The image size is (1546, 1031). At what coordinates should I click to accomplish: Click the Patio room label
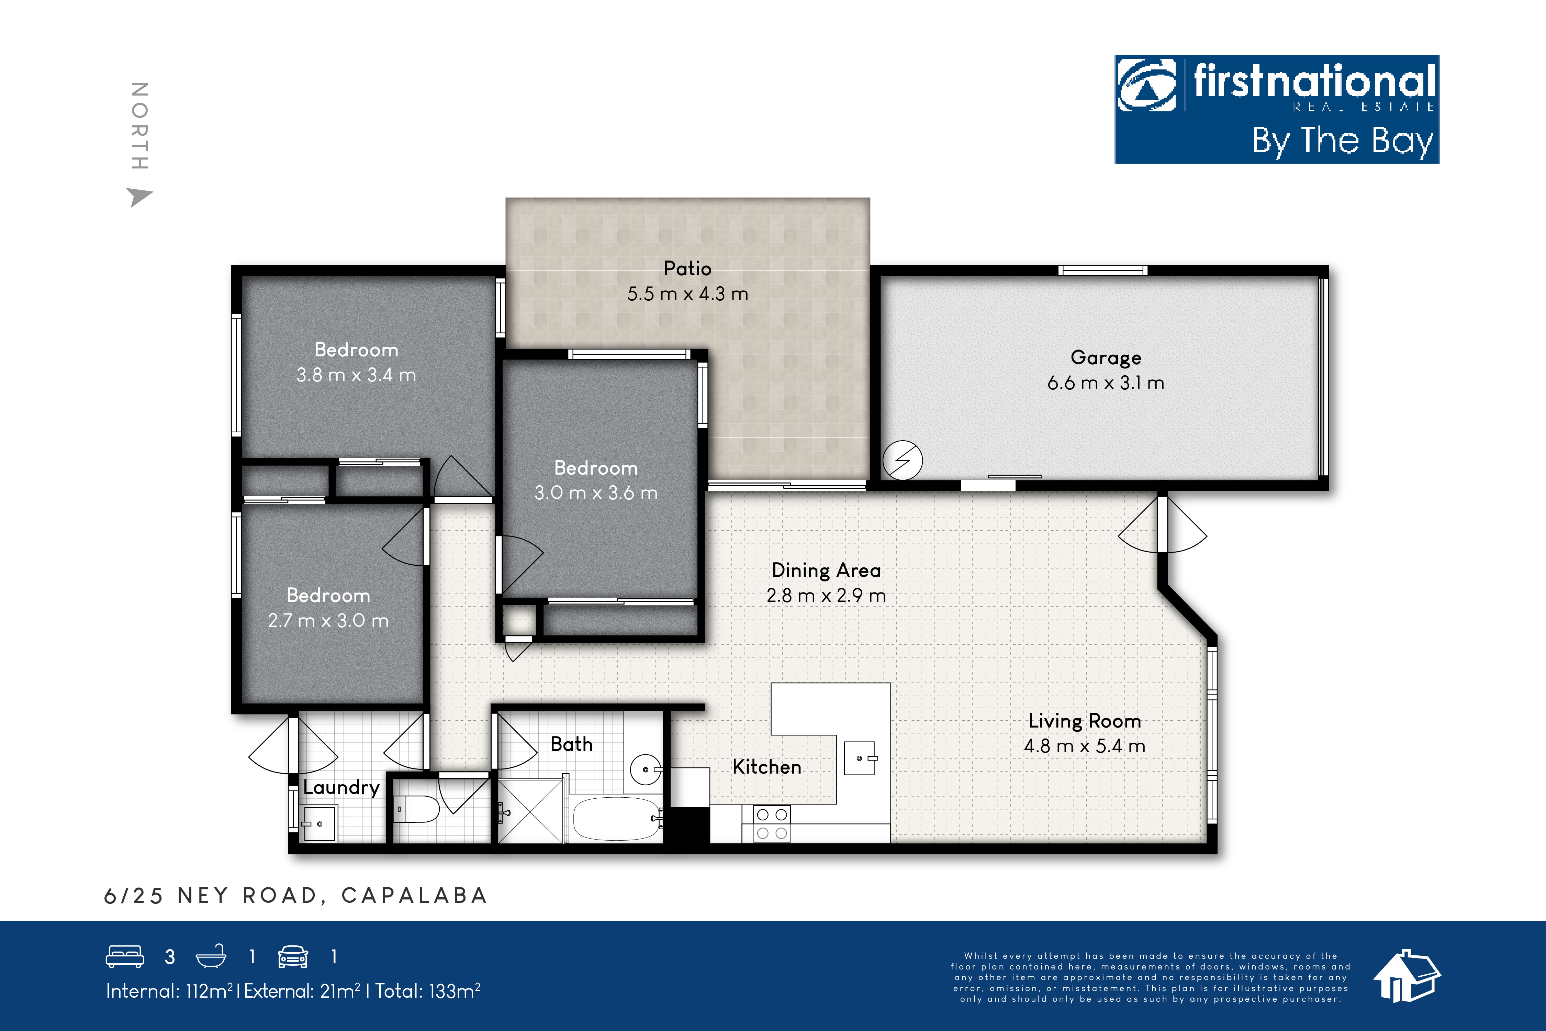pos(687,268)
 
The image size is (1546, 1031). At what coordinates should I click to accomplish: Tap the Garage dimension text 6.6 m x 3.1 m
pos(1106,383)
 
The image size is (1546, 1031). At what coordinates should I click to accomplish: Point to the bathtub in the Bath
pos(616,819)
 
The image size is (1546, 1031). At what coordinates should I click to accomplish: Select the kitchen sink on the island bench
pos(860,758)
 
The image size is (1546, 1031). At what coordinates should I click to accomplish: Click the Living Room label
pos(1085,721)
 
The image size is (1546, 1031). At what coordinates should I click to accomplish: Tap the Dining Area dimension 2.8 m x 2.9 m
pos(826,596)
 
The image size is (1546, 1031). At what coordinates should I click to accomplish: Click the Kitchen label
pos(766,767)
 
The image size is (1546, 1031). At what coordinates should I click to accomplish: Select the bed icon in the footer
pos(125,957)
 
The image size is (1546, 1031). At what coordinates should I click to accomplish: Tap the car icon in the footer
pos(292,957)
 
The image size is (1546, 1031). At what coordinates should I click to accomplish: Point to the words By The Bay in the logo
pos(1342,141)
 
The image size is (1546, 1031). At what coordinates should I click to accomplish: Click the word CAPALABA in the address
pos(414,896)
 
